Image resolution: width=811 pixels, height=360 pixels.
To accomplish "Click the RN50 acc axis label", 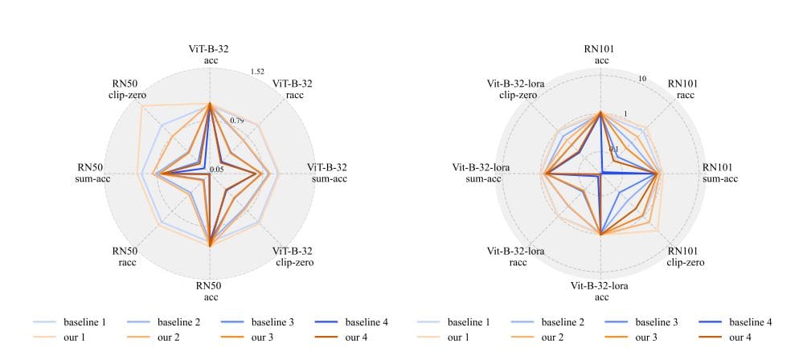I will click(x=209, y=291).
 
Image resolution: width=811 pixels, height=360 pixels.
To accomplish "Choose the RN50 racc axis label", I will click(x=125, y=256).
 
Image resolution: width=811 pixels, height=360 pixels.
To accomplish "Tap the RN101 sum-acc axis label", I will click(x=719, y=173).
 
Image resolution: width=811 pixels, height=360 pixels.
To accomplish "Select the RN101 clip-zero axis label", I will click(x=685, y=256).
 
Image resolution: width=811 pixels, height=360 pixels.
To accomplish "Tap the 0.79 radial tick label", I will click(x=237, y=121).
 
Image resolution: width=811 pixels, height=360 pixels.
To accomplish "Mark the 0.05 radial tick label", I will click(x=216, y=170).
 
